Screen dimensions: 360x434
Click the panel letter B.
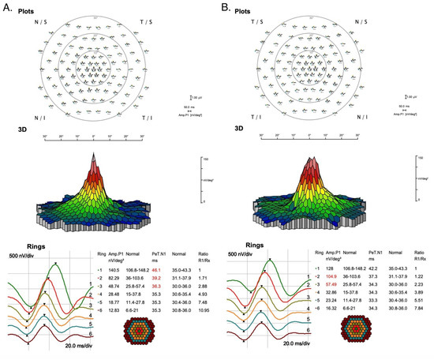click(x=227, y=6)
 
